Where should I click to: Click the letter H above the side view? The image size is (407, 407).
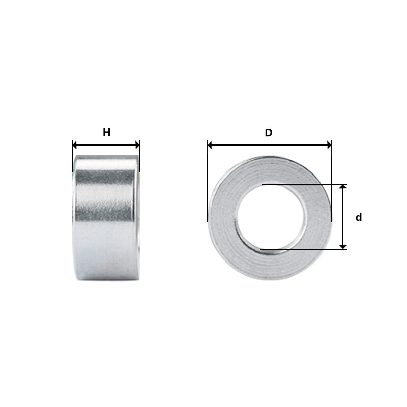pos(106,133)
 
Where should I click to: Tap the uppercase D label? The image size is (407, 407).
pos(269,133)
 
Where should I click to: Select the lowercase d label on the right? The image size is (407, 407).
pos(359,217)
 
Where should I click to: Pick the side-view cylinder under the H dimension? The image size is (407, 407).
pos(106,219)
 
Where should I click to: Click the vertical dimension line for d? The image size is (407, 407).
pos(343,217)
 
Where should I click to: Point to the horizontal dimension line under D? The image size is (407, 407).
pos(270,145)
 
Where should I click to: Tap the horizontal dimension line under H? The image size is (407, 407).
pos(106,145)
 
